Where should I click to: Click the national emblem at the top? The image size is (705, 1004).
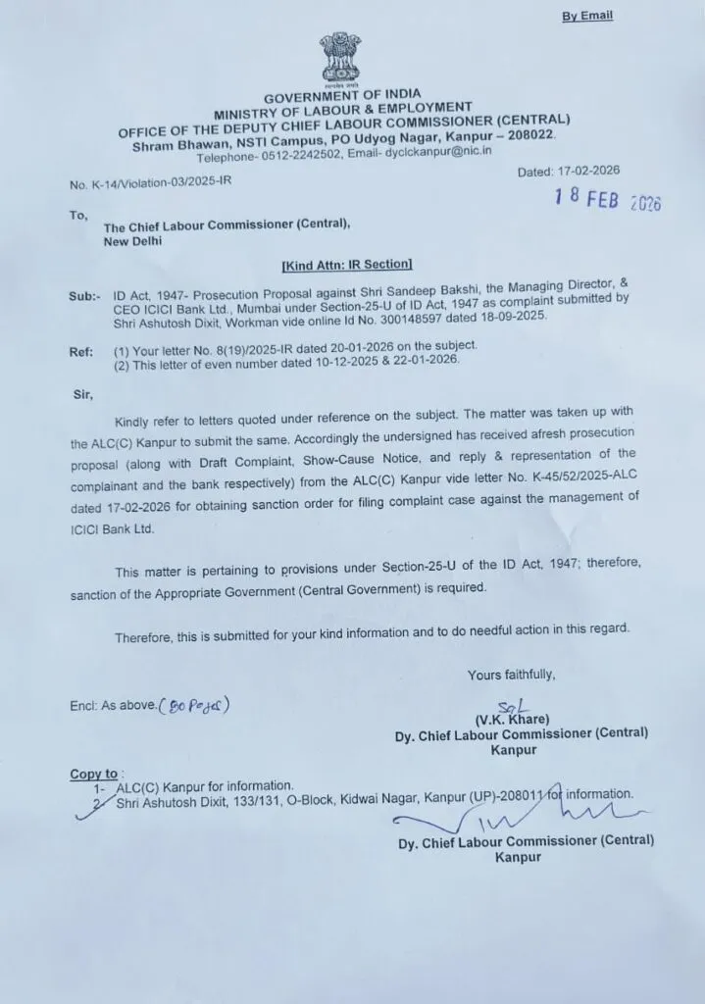click(x=339, y=60)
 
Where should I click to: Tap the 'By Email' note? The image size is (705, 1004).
click(x=586, y=16)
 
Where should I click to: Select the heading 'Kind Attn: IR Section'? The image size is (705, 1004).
click(x=347, y=264)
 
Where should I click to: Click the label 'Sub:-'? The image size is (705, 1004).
click(x=84, y=293)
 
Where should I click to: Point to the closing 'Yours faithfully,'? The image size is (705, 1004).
click(x=511, y=675)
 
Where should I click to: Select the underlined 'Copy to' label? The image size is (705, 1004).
click(x=93, y=774)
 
